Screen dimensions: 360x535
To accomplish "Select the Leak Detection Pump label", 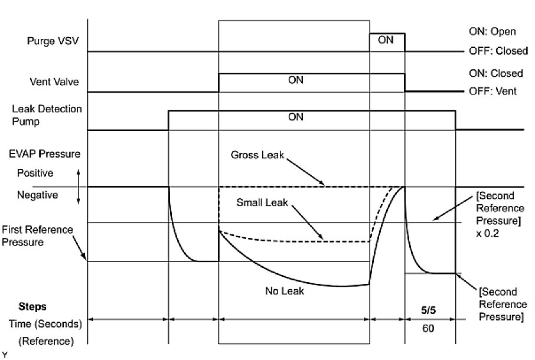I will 47,114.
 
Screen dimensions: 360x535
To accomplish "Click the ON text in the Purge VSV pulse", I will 386,41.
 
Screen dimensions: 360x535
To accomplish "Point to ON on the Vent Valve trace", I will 295,81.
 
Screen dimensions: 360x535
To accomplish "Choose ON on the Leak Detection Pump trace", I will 295,117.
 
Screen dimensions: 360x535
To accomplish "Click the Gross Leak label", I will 257,155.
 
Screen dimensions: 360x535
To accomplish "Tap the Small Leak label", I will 262,202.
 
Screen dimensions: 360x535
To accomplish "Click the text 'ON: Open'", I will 491,32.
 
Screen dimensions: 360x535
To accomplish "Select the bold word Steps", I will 32,307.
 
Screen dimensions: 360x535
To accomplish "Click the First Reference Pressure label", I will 37,235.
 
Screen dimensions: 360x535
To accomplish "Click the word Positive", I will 35,174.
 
